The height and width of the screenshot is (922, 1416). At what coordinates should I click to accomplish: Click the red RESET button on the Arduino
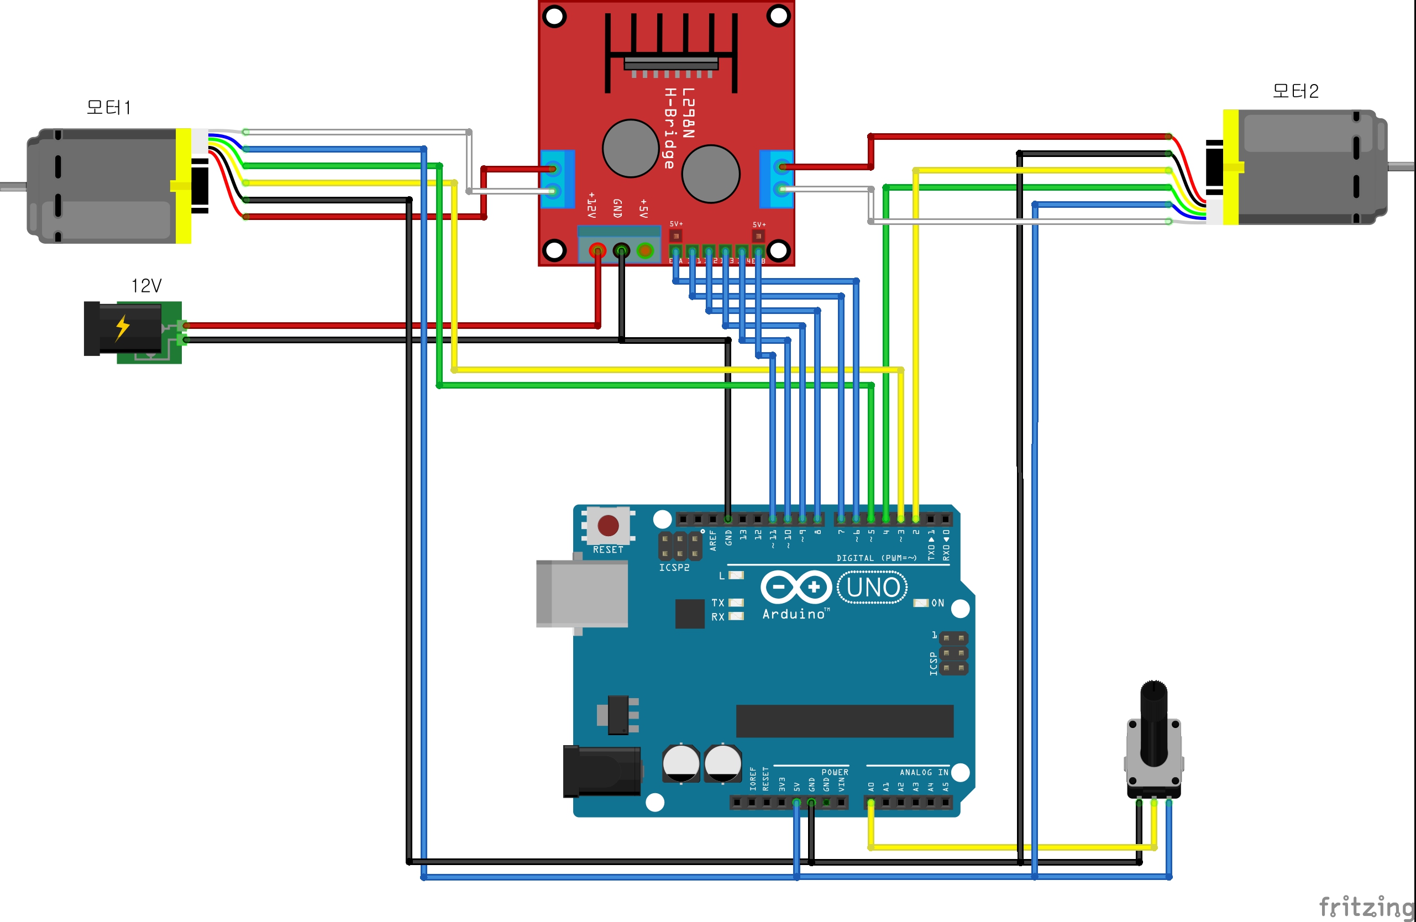(607, 525)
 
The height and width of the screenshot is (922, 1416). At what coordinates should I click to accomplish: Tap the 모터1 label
(108, 108)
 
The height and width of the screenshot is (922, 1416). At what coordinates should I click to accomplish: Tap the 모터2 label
(1295, 91)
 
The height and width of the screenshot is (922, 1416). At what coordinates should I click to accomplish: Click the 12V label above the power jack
(146, 286)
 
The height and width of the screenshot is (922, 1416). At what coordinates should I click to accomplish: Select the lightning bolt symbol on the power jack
(122, 327)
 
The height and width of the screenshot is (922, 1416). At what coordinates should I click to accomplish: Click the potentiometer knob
(1153, 722)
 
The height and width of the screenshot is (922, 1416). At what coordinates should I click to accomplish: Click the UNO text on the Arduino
(872, 588)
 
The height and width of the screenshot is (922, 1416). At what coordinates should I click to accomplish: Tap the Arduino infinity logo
(796, 587)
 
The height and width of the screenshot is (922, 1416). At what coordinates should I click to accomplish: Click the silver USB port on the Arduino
(581, 593)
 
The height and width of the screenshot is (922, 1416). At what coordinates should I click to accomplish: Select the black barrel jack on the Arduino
(601, 772)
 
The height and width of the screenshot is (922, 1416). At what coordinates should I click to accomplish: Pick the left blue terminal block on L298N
(557, 179)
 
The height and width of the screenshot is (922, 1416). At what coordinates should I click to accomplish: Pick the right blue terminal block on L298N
(777, 179)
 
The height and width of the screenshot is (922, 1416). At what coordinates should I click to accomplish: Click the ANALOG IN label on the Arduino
(924, 772)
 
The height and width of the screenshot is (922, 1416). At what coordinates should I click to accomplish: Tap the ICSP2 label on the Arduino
(674, 568)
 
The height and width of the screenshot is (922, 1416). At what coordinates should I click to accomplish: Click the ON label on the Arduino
(938, 603)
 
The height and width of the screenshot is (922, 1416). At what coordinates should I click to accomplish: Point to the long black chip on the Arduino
(845, 721)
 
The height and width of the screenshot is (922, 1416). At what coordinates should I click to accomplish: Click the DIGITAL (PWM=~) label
(877, 558)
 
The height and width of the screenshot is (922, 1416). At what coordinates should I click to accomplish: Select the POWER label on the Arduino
(835, 772)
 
